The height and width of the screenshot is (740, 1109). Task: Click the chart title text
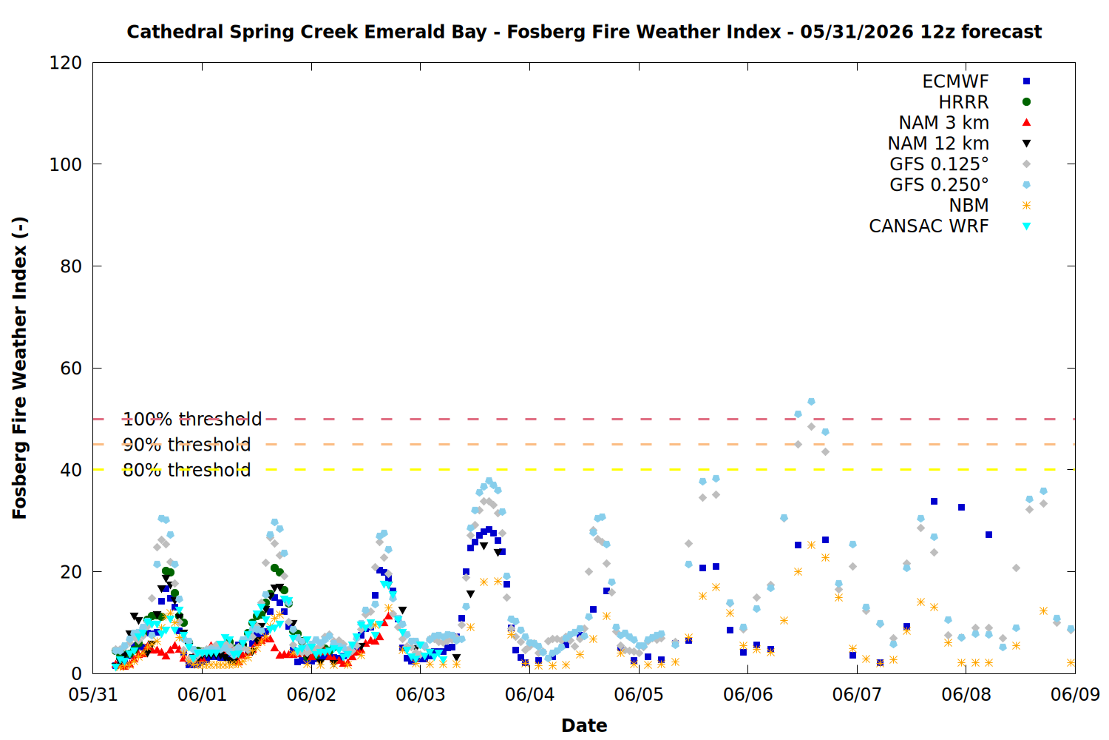[584, 32]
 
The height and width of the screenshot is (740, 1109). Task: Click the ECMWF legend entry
[955, 81]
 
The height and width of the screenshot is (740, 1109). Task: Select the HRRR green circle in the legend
[1026, 102]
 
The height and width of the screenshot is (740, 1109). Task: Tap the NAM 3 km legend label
[943, 122]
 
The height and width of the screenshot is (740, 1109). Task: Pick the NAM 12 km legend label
[938, 144]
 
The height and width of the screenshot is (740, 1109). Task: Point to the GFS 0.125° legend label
[939, 164]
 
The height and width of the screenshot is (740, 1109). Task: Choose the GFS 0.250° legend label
[939, 185]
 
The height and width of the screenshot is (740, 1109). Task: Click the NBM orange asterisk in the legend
[1026, 205]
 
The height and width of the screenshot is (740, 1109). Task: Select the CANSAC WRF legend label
[929, 226]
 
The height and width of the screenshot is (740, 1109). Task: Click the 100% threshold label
[192, 420]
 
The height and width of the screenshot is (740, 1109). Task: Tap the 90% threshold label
[186, 445]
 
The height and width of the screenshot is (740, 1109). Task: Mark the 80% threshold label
[186, 470]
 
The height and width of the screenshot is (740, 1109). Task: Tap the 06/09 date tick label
[1075, 694]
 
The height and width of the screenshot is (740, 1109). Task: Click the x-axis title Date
[584, 726]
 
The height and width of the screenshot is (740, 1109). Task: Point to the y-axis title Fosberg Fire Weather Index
[19, 369]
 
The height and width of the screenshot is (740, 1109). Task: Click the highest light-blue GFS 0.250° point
[812, 402]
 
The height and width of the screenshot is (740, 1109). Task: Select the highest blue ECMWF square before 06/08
[935, 502]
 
